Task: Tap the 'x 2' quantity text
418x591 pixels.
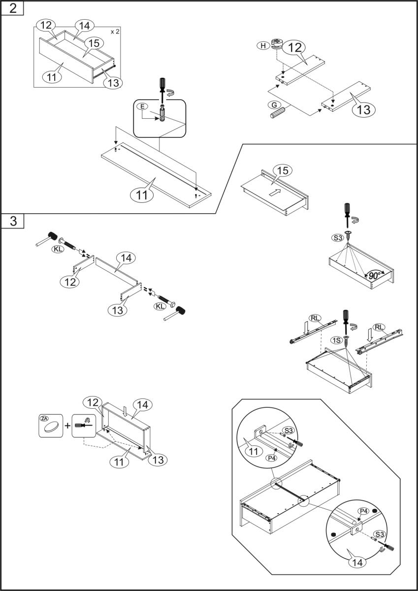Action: (115, 32)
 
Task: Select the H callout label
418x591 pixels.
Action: (263, 46)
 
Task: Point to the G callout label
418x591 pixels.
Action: (273, 105)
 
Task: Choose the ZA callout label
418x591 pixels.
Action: (44, 418)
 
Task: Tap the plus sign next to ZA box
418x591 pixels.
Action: (67, 426)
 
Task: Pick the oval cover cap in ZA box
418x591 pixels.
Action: (51, 429)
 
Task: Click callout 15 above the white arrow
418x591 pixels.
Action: (282, 171)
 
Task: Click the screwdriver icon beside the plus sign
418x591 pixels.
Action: (83, 425)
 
